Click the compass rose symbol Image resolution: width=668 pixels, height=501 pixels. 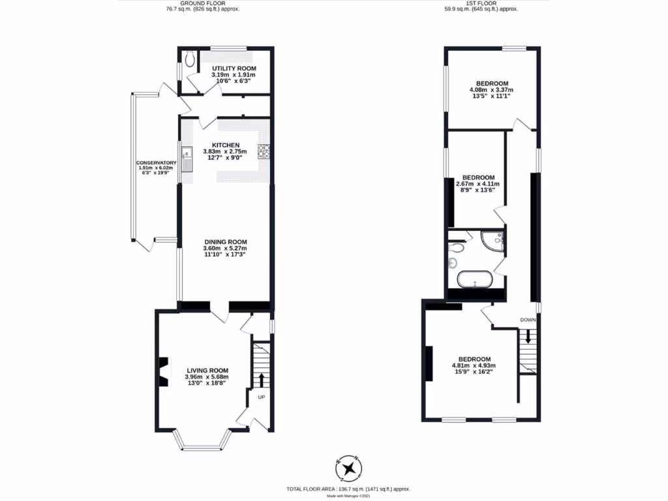350,467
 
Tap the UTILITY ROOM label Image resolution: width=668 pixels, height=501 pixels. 233,68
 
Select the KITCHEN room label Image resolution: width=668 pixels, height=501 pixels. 226,145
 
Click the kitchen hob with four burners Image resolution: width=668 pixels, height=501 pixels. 264,151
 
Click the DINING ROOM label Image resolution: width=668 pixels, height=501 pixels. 226,241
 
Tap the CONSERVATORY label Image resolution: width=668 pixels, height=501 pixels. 157,162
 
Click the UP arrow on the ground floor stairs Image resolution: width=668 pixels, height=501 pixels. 262,380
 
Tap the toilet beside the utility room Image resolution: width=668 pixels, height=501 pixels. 189,61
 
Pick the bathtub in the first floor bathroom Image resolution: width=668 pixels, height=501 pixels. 474,280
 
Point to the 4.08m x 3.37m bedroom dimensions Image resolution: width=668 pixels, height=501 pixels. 492,92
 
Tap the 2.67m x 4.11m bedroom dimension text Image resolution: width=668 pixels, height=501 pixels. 478,187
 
